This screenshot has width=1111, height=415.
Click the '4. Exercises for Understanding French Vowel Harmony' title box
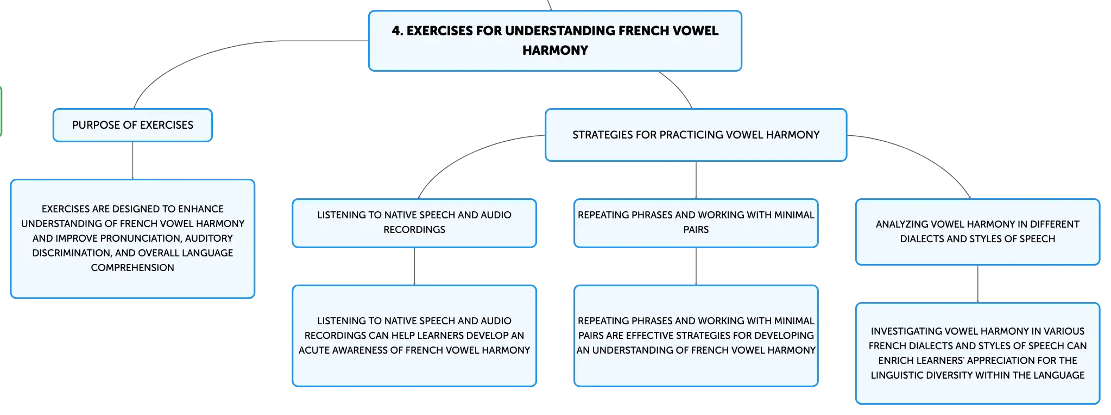pos(555,41)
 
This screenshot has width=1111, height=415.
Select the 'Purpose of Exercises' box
pos(132,125)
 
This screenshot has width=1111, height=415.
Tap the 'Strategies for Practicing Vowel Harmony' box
pos(696,135)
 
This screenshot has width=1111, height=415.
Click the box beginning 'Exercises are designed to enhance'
pos(132,238)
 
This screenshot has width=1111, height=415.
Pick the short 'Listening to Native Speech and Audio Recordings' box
pos(414,223)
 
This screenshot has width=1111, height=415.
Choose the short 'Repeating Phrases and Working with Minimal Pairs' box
pos(696,223)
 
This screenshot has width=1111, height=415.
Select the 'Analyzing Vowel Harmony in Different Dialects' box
pos(977,232)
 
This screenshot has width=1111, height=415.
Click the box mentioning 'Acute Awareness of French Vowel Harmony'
pos(414,336)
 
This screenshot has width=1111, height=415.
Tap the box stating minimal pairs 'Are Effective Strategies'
pos(696,336)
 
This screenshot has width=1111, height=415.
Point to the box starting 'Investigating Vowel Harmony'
pos(977,353)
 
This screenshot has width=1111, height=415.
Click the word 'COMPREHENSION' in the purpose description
pos(132,268)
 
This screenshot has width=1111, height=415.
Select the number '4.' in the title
pos(397,31)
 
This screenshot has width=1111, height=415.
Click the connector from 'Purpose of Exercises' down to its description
pos(132,161)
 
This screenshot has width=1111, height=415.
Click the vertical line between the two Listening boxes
pos(414,267)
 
